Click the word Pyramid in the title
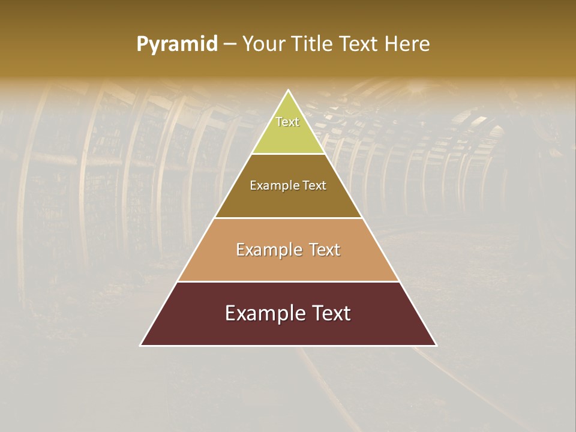pos(177,44)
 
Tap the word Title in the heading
pos(311,44)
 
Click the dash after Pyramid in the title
pos(229,44)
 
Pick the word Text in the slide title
pos(359,44)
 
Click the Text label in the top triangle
pos(287,122)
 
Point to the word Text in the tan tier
pos(325,250)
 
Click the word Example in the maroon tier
pos(262,313)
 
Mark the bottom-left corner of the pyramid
pos(140,346)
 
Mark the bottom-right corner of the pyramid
pos(436,346)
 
